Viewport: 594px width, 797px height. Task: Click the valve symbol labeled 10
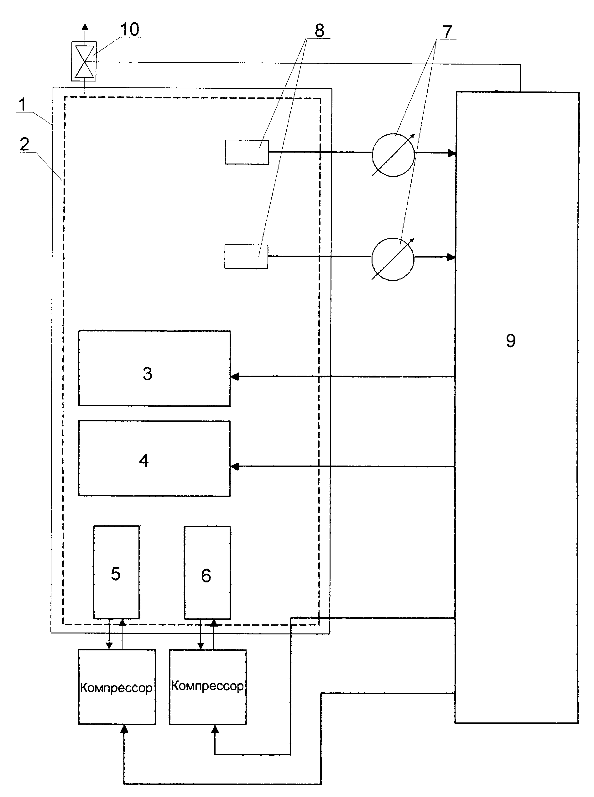pos(84,61)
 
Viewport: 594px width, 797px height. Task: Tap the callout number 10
pos(129,29)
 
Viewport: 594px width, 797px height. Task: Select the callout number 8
pos(319,31)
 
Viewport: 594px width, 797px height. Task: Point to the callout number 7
pos(447,32)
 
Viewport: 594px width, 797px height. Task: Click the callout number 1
pos(22,105)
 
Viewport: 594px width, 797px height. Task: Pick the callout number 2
pos(24,144)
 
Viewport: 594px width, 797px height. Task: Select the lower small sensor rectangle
pos(246,257)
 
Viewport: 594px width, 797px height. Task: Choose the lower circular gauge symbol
pos(393,259)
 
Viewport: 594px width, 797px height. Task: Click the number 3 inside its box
pos(148,374)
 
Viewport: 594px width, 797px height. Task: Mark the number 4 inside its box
pos(144,461)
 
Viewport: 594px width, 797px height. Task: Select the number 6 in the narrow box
pos(206,576)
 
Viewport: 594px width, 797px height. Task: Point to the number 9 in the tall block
pos(511,341)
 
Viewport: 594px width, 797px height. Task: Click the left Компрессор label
pos(116,688)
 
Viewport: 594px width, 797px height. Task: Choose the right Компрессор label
pos(207,686)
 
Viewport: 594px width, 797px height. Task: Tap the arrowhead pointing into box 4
pos(234,466)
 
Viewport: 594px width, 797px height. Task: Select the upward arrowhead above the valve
pos(85,26)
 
